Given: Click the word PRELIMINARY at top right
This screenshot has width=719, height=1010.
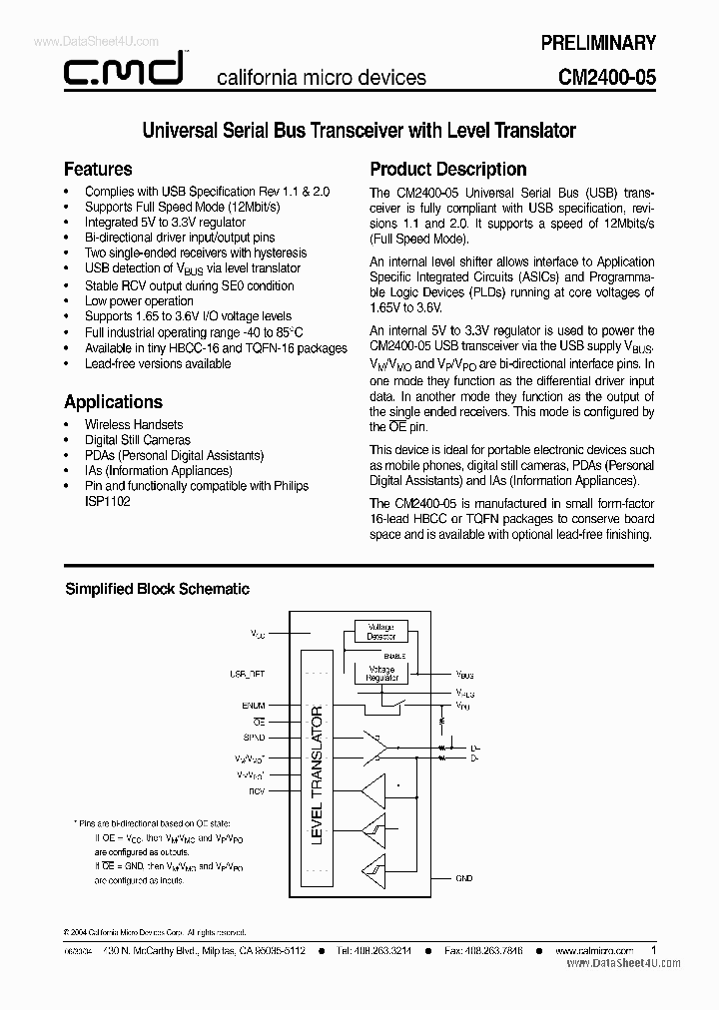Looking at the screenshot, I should (597, 43).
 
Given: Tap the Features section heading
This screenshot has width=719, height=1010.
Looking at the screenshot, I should (98, 169).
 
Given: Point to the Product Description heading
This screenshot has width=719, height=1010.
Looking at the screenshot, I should (448, 169).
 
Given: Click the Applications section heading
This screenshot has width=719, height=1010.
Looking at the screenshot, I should (113, 401).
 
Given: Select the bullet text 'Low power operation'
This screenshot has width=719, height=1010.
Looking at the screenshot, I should (139, 300).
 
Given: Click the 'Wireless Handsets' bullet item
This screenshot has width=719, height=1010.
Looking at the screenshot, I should (134, 424).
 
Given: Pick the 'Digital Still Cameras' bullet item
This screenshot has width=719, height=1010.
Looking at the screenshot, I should (137, 440).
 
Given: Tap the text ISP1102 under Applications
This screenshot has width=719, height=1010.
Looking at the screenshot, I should (107, 502).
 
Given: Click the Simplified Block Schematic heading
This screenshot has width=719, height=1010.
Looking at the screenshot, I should (157, 589).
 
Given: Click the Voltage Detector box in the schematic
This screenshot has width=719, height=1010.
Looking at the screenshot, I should (380, 632).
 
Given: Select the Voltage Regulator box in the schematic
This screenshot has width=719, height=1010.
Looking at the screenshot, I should (380, 674).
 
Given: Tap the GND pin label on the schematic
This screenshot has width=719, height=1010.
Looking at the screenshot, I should (463, 878).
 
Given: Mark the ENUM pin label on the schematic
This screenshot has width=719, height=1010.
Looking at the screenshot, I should (255, 705).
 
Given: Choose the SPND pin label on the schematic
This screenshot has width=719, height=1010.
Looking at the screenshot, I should (255, 738).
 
